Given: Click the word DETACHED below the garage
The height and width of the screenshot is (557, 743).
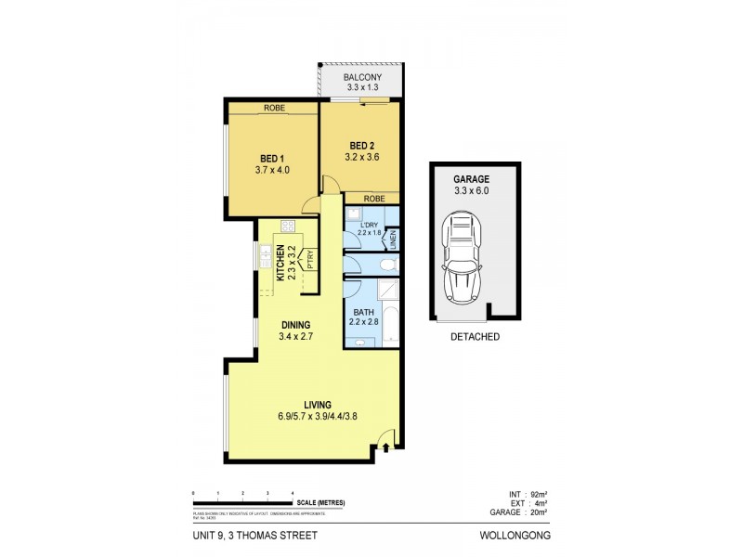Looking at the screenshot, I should click(x=475, y=337).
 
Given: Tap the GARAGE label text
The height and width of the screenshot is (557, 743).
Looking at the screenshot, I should click(x=470, y=178).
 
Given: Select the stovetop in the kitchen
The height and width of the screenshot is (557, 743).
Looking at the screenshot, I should click(x=287, y=227).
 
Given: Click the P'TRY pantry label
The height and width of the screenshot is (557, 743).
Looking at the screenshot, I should click(x=311, y=260).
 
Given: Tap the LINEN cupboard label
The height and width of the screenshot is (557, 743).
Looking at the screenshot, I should click(x=394, y=240).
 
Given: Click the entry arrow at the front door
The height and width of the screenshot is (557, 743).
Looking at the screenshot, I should click(x=386, y=449).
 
